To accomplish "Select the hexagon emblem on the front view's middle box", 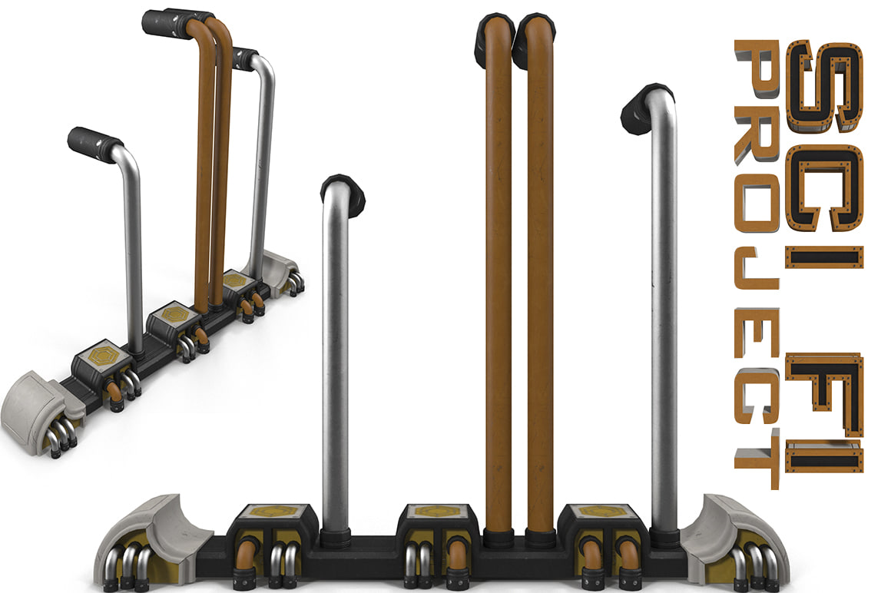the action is pos(436,512).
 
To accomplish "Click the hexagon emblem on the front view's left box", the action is pos(273,512).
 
